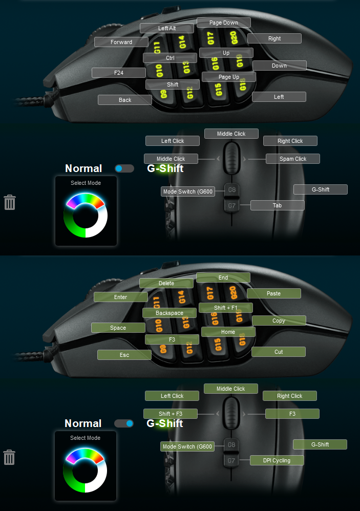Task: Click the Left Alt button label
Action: (x=167, y=28)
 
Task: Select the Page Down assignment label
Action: (x=224, y=23)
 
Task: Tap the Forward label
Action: (x=121, y=42)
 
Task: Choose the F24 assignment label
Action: (x=119, y=73)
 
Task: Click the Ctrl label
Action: (x=170, y=58)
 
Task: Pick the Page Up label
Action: (x=229, y=77)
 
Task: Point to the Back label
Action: (x=125, y=100)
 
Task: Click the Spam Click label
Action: (x=293, y=159)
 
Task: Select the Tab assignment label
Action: (x=277, y=205)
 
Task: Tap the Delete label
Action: (x=166, y=283)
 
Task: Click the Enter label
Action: (x=121, y=297)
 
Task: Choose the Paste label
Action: (x=274, y=293)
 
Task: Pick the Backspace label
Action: (x=170, y=312)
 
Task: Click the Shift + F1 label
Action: (x=226, y=308)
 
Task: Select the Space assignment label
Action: (x=118, y=328)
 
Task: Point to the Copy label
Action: (x=279, y=321)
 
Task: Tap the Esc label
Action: (x=124, y=355)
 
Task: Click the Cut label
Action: (x=279, y=352)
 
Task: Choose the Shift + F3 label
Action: (x=171, y=414)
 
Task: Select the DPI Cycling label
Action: (x=277, y=460)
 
